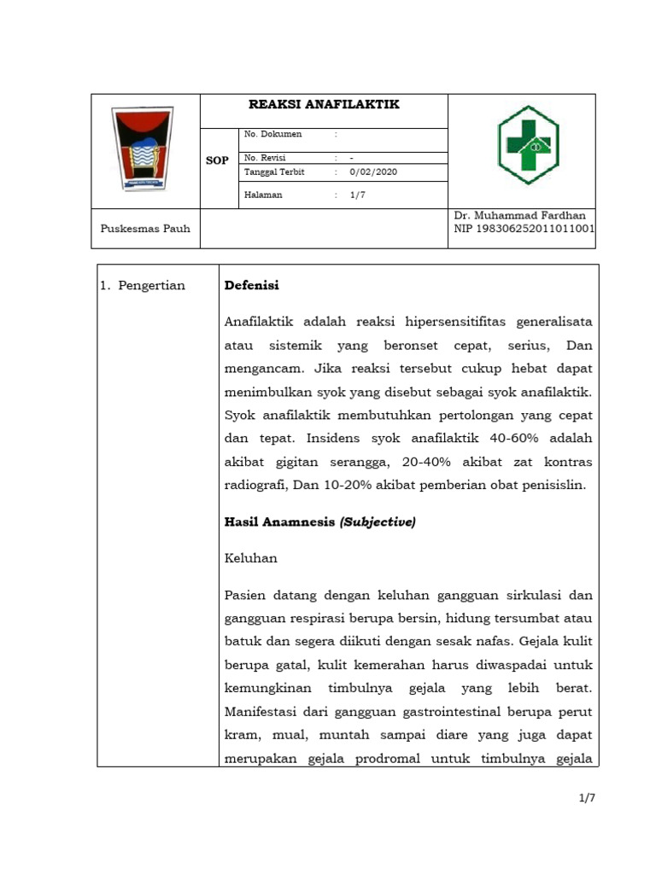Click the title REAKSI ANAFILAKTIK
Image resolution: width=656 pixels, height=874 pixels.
pyautogui.click(x=324, y=105)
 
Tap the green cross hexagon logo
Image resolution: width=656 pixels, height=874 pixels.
pyautogui.click(x=528, y=145)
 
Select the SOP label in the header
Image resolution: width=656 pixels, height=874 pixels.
pyautogui.click(x=217, y=160)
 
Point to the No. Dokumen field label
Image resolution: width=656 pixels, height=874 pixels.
pyautogui.click(x=272, y=134)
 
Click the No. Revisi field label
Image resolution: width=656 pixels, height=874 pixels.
pyautogui.click(x=265, y=158)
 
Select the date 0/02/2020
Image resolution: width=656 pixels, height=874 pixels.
pyautogui.click(x=373, y=172)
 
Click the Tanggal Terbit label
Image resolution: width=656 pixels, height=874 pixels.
pyautogui.click(x=274, y=172)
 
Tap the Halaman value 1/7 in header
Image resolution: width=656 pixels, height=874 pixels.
pyautogui.click(x=357, y=195)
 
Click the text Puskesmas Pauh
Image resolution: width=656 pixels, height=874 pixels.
pyautogui.click(x=145, y=228)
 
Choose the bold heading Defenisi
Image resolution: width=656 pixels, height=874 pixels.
pyautogui.click(x=251, y=286)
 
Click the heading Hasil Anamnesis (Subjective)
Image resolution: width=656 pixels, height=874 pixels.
pyautogui.click(x=319, y=522)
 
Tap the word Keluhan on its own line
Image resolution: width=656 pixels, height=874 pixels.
pyautogui.click(x=250, y=558)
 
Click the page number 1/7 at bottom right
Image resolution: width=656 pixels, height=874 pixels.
pyautogui.click(x=586, y=798)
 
